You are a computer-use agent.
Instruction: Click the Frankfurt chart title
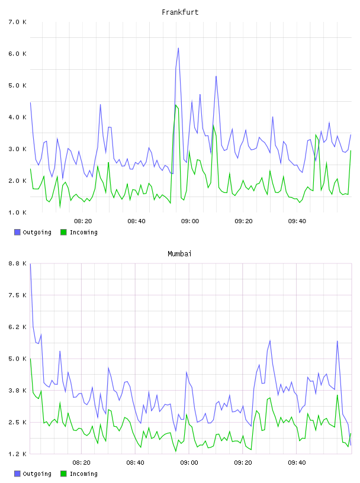180,12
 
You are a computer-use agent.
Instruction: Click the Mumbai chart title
179,253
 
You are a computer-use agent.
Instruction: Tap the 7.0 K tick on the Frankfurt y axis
18,22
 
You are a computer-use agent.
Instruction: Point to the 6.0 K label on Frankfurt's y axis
18,54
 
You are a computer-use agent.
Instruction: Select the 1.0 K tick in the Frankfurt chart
18,212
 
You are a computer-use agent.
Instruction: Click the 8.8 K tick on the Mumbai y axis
18,263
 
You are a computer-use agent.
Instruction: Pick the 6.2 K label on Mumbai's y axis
18,327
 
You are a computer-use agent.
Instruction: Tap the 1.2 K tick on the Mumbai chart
18,454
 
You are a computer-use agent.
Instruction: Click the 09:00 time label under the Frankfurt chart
190,221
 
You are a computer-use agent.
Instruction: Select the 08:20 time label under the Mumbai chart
81,462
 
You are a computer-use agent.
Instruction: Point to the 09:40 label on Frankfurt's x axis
297,221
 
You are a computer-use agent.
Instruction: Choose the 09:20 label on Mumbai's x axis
243,462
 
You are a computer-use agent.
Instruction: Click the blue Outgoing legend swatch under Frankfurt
17,232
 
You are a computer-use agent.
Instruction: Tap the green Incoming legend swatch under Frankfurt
63,232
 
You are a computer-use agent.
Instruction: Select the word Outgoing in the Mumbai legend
37,474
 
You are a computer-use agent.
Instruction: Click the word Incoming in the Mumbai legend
83,474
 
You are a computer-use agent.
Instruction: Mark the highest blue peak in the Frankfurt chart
178,48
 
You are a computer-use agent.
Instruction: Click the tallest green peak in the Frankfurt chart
176,105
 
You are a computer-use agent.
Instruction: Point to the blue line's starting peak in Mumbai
30,263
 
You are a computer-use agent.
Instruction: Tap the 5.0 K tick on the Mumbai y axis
18,359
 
